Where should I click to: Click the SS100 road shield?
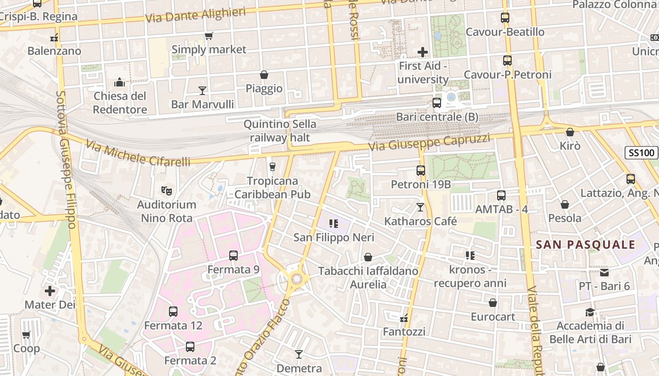point(641,152)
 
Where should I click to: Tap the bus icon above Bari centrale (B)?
point(437,103)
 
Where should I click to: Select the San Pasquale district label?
point(586,244)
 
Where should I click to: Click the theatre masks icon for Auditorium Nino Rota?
point(165,190)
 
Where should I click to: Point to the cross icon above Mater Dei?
point(50,291)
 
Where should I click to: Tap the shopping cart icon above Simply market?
point(209,36)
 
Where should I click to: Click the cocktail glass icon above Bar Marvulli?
point(202,90)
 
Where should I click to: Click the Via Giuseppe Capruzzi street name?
point(429,142)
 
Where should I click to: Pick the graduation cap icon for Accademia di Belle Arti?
point(590,312)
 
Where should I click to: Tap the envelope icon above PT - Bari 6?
point(604,272)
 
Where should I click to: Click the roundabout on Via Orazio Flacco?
point(297,279)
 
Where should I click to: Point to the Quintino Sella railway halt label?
point(280,131)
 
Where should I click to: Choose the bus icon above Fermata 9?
point(233,256)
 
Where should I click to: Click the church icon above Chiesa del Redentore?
point(120,82)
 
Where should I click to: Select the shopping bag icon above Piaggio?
point(264,75)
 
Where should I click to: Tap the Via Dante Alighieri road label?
point(195,15)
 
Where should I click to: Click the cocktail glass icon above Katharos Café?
point(420,207)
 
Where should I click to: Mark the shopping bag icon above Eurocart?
point(493,303)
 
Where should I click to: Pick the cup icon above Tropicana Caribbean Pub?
point(272,167)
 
